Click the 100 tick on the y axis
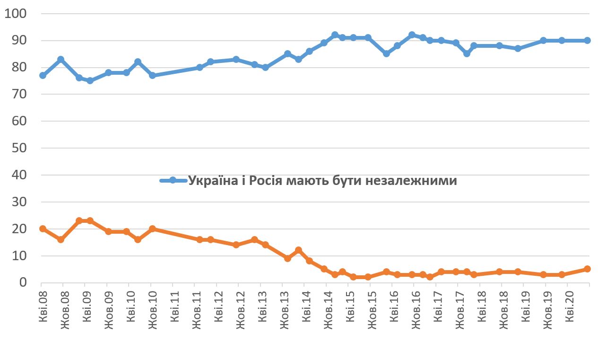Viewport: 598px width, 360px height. click(x=17, y=13)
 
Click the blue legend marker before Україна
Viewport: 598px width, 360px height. click(x=173, y=180)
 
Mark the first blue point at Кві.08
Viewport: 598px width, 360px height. click(x=43, y=75)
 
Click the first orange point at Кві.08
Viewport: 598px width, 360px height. click(x=43, y=228)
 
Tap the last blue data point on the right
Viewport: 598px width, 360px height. click(x=587, y=40)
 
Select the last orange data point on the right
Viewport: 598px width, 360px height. click(x=587, y=269)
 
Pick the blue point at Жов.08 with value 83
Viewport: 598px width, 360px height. click(x=61, y=59)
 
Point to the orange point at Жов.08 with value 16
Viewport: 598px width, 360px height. click(x=61, y=239)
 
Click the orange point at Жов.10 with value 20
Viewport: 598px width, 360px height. click(x=152, y=228)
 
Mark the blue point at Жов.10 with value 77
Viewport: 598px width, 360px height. click(x=152, y=75)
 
